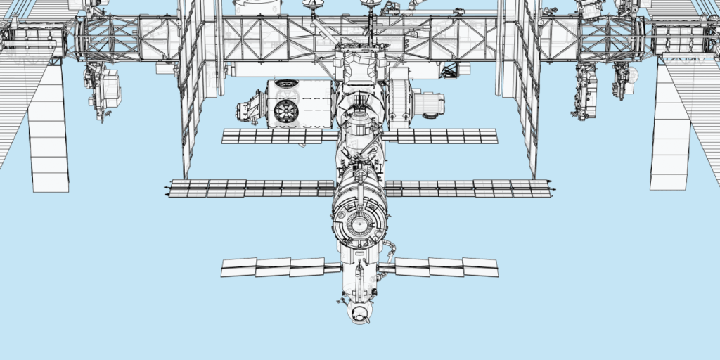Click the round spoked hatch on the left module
pyautogui.click(x=287, y=110)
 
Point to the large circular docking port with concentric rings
pyautogui.click(x=360, y=224)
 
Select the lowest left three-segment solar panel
pyautogui.click(x=272, y=266)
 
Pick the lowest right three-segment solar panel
pyautogui.click(x=446, y=266)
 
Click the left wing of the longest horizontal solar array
pyautogui.click(x=250, y=188)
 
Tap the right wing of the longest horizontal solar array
pyautogui.click(x=468, y=188)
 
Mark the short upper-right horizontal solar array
pyautogui.click(x=447, y=136)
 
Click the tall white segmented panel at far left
pyautogui.click(x=49, y=130)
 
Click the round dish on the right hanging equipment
pyautogui.click(x=631, y=75)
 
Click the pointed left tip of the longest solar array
pyautogui.click(x=167, y=188)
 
